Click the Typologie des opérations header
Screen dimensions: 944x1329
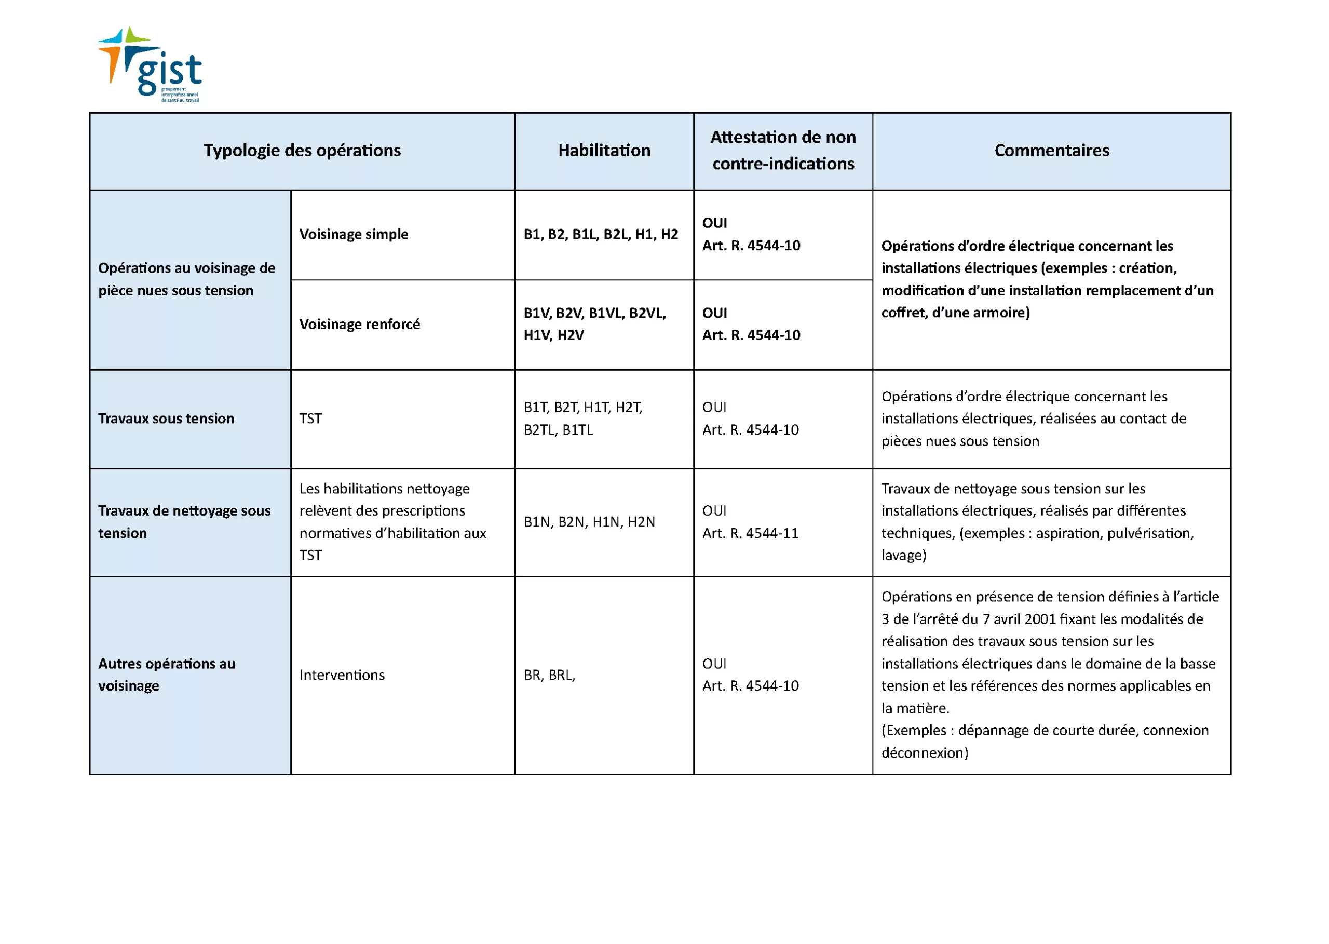[302, 151]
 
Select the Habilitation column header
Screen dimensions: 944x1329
[604, 151]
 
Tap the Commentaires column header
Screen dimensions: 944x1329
[1051, 151]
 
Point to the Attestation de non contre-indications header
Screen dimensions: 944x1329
[783, 151]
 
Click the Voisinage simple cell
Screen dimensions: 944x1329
[354, 234]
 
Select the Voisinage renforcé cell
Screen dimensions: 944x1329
[359, 325]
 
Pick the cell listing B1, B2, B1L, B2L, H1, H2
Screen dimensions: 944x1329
[600, 234]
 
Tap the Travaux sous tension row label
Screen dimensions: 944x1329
[166, 419]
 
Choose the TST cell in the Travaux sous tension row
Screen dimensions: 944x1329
[310, 419]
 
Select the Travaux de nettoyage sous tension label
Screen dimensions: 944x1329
[184, 521]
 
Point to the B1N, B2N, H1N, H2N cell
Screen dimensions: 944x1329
[589, 522]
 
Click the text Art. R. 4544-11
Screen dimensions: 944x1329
[750, 533]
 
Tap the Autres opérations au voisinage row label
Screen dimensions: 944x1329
[167, 675]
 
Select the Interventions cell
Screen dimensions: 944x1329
[342, 675]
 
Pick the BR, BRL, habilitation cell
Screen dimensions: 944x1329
[549, 675]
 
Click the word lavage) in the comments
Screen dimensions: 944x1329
[903, 555]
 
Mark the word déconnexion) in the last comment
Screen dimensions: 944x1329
[924, 753]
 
